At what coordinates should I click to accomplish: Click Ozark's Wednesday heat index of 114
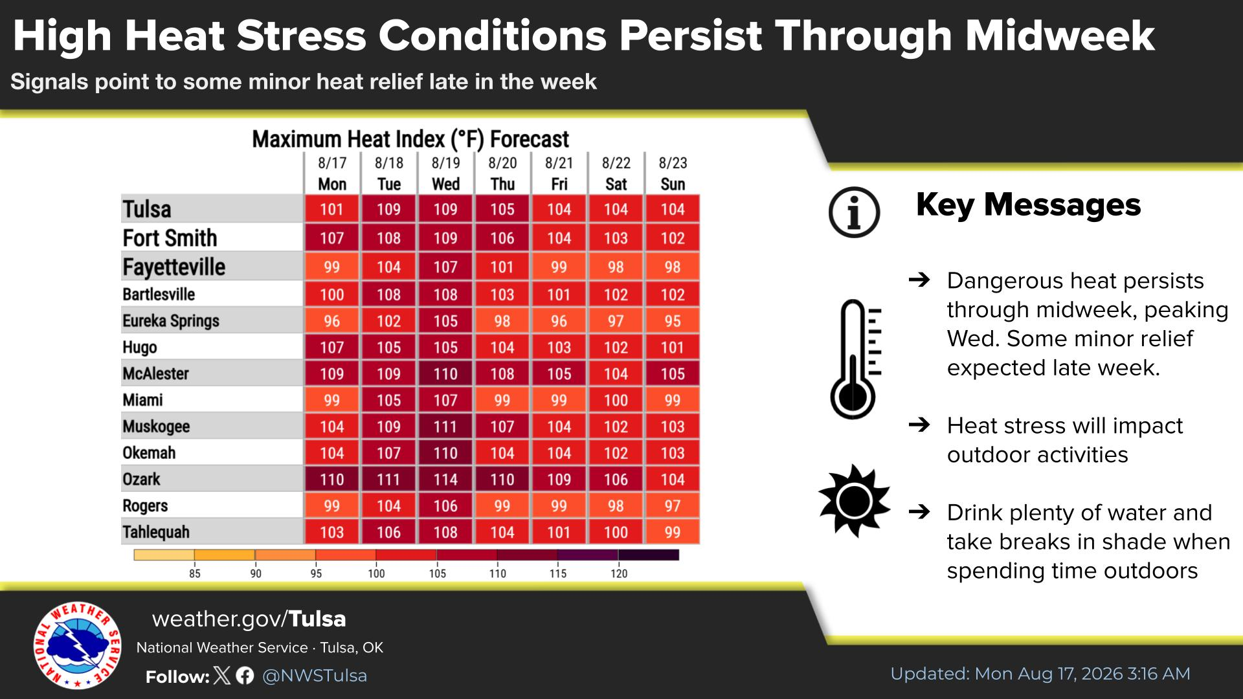pos(445,480)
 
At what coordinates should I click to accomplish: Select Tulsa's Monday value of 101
pos(332,209)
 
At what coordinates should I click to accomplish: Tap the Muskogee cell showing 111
pos(445,427)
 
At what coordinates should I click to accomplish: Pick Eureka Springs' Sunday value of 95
pos(673,321)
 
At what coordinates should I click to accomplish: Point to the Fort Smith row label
pos(170,238)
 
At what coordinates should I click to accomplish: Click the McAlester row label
pos(155,373)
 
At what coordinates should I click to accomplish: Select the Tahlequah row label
pos(156,532)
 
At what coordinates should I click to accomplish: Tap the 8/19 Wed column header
pos(445,173)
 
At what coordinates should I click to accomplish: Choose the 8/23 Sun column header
pos(673,173)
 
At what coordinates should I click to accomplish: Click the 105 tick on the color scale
pos(437,573)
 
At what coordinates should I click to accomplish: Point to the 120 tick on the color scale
pos(619,573)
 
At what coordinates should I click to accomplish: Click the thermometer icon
pos(855,359)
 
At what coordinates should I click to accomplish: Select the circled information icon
pos(855,212)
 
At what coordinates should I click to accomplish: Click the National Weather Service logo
pos(78,646)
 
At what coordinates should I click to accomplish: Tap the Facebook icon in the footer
pos(245,676)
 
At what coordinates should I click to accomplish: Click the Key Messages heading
pos(1028,205)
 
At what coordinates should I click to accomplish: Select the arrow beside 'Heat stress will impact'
pos(919,425)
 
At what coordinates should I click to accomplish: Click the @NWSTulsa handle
pos(315,676)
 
